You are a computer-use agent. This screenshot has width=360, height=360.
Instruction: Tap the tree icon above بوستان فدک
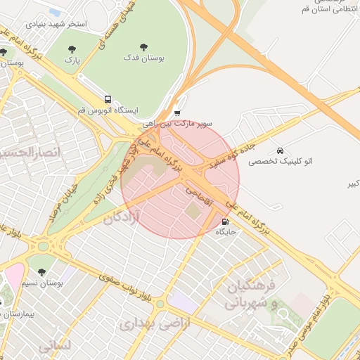tap(143, 47)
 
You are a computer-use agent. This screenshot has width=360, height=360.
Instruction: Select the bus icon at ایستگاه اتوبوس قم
tap(108, 100)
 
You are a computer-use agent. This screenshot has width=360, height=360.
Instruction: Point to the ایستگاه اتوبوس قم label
tap(108, 111)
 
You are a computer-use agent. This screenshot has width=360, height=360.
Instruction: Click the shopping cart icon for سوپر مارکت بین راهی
tap(177, 112)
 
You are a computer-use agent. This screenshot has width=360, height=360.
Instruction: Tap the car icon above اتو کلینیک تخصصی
tap(280, 150)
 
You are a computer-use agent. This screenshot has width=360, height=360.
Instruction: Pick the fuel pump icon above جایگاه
tap(225, 221)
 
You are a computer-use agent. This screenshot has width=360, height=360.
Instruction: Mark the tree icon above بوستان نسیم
tap(41, 271)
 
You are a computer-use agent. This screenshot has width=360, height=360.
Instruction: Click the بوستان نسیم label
tap(42, 283)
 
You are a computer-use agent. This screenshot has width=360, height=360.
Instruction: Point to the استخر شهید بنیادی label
tap(56, 23)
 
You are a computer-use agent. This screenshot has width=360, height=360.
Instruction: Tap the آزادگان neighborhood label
tap(122, 219)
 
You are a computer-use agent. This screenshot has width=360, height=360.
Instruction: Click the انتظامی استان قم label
tap(331, 11)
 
